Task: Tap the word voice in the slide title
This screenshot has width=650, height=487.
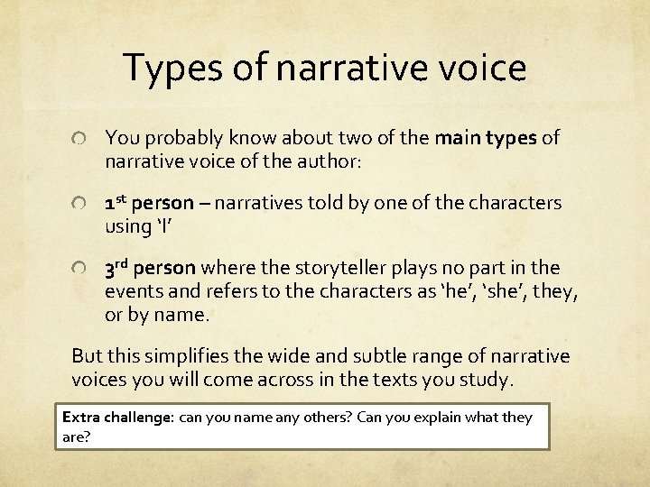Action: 479,69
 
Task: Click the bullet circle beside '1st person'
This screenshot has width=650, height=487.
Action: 79,205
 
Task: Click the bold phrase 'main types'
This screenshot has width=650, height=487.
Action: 486,138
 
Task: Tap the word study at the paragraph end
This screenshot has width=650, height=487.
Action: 487,379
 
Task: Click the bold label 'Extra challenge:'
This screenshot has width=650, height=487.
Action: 117,418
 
